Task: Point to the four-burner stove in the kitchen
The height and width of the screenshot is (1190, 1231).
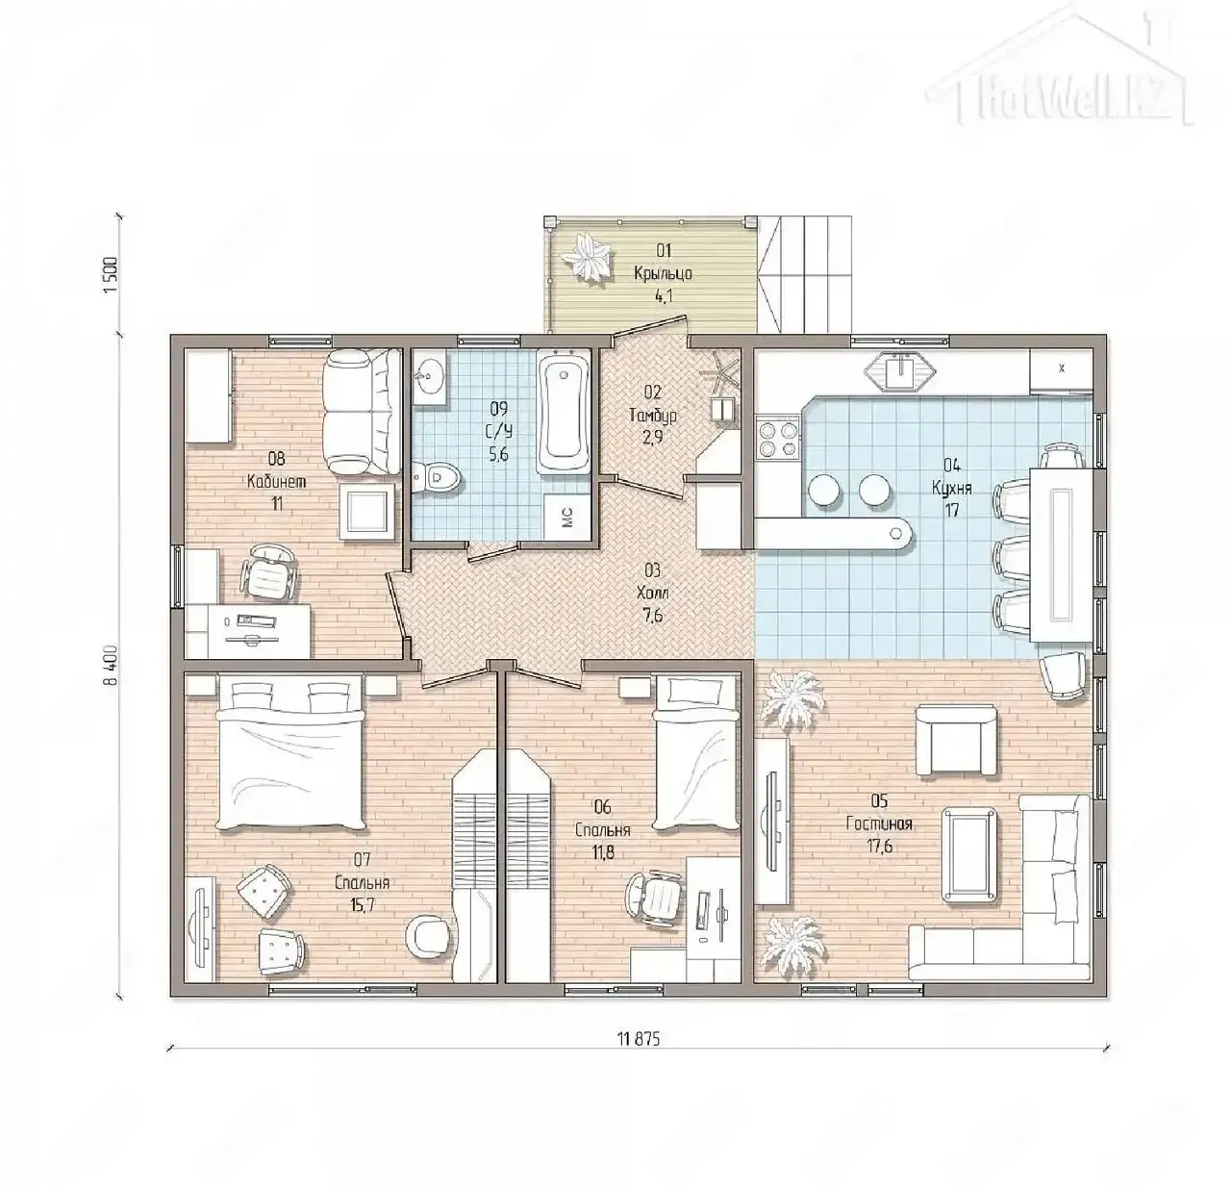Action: [777, 440]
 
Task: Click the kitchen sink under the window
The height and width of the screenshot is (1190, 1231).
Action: [900, 370]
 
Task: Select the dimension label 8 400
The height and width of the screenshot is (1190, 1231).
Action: [113, 665]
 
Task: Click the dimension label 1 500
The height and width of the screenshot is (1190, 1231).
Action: [113, 274]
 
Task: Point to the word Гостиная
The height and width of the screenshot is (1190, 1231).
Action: [879, 823]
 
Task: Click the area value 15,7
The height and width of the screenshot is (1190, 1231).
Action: [364, 904]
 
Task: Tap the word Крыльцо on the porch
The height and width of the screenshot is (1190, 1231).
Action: [663, 273]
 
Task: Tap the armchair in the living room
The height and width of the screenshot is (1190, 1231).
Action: [956, 742]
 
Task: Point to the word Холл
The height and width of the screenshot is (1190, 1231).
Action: [653, 594]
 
